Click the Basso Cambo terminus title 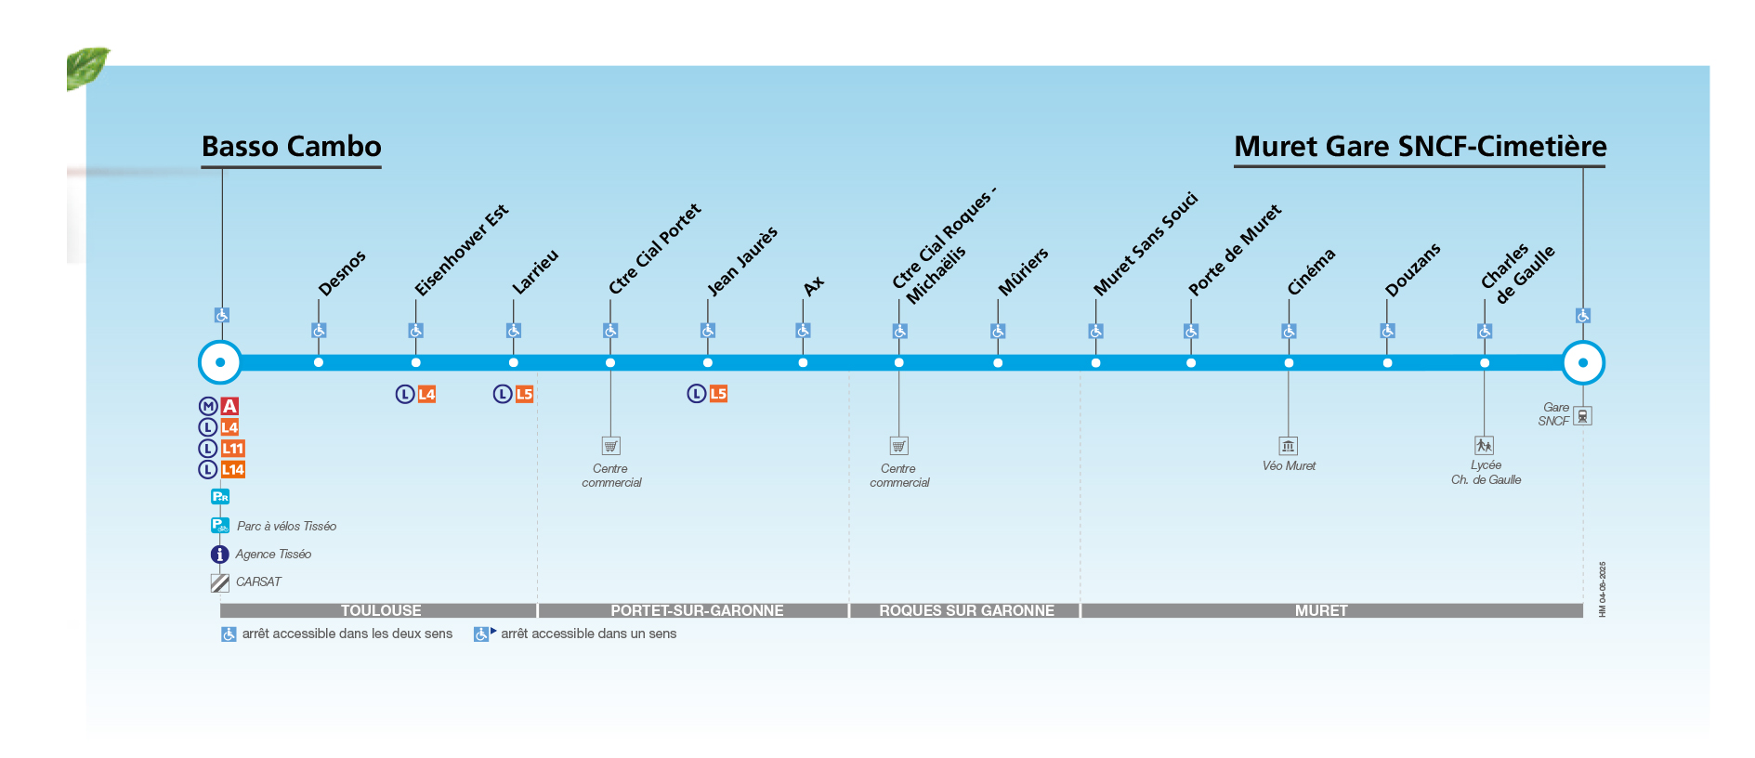point(291,147)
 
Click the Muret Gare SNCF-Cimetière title point(1420,147)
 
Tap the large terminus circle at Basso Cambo point(220,362)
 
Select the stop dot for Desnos point(319,362)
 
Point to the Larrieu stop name point(535,271)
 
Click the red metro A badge point(229,406)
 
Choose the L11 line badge point(232,449)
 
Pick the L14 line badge point(232,470)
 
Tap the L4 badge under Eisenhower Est point(426,394)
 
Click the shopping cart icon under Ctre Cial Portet point(610,446)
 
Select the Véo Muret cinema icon point(1288,446)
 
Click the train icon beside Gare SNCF point(1582,416)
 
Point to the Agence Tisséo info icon point(220,555)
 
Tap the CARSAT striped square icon point(220,582)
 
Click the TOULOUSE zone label point(381,610)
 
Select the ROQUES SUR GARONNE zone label point(966,610)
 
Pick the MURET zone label point(1321,610)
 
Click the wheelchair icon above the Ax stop point(803,331)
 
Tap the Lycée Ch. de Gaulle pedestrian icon point(1484,446)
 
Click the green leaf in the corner point(87,67)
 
